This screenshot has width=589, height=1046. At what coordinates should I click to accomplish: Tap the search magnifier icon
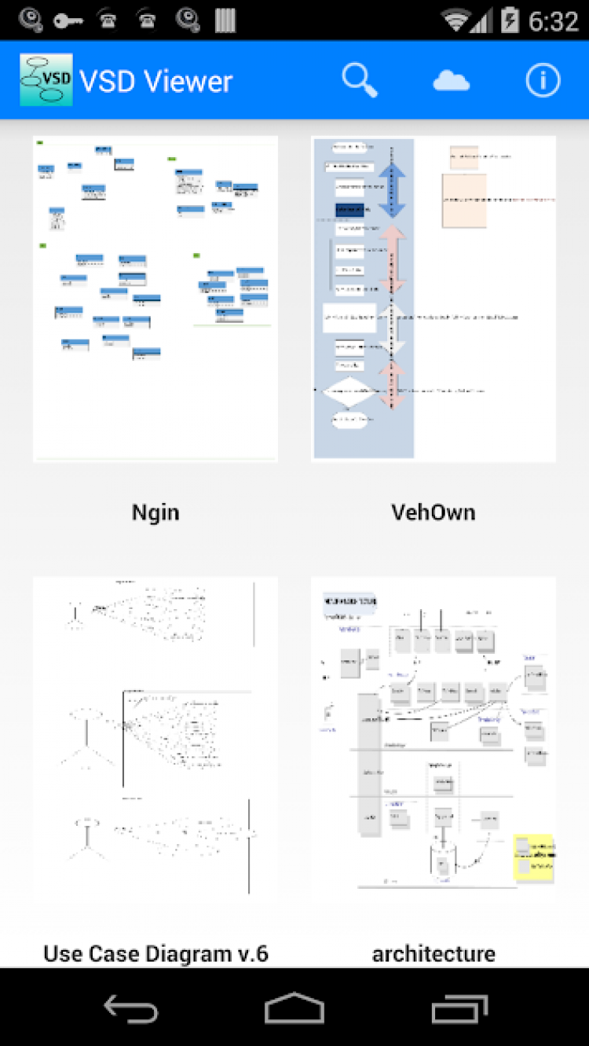point(360,80)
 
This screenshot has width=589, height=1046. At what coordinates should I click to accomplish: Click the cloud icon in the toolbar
point(452,80)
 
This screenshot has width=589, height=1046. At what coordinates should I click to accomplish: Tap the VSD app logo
point(46,80)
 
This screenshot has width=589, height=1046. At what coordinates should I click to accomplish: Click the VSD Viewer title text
point(156,81)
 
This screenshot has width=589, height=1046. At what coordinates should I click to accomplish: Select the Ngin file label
point(155,512)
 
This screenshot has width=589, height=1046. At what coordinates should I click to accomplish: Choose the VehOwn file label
point(434,512)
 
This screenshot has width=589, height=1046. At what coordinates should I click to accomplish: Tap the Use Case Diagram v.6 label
point(155,953)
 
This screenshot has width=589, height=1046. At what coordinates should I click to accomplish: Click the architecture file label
point(434,953)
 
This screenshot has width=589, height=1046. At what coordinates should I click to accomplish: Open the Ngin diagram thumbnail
point(155,299)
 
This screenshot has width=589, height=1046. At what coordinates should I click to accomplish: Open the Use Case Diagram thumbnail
point(155,739)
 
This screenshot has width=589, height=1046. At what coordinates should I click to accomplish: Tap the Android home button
point(294,1007)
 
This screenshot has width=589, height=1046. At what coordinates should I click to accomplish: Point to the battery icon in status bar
point(510,20)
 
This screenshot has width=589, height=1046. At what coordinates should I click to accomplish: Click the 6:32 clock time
point(553,20)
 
